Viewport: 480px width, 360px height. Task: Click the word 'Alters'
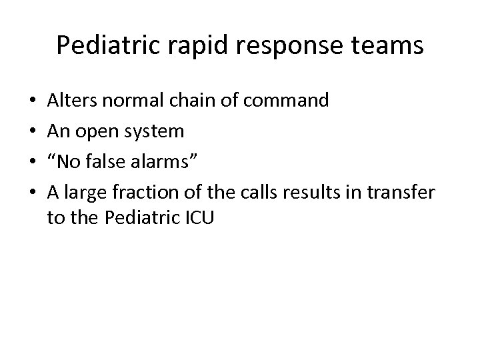pyautogui.click(x=70, y=101)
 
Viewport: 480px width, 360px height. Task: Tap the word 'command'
pyautogui.click(x=288, y=101)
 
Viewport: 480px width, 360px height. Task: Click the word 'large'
pyautogui.click(x=81, y=193)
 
